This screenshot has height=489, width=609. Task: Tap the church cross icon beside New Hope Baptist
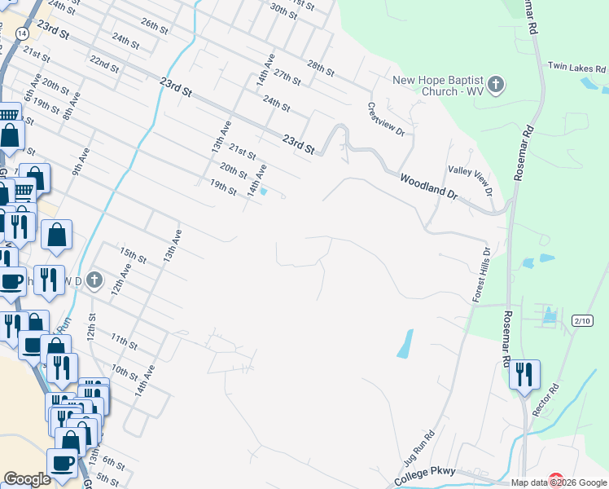click(x=496, y=83)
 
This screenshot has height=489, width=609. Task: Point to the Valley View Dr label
click(x=471, y=180)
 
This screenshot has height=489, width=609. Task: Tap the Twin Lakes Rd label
click(x=577, y=68)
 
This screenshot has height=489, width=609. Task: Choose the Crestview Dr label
click(x=386, y=120)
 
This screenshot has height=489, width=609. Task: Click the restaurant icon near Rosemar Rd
click(x=525, y=374)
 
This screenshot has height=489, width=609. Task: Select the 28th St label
click(x=321, y=67)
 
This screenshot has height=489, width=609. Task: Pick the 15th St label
click(x=132, y=255)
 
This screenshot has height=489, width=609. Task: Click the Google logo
click(x=27, y=479)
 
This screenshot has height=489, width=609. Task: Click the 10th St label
click(x=125, y=372)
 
